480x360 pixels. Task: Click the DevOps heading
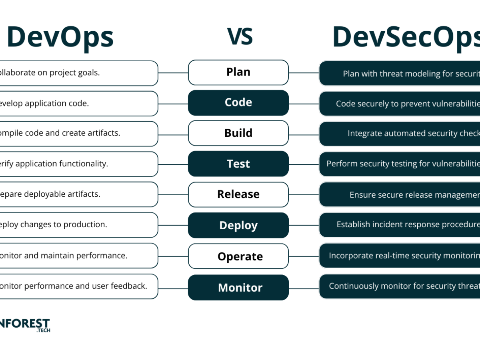(x=60, y=37)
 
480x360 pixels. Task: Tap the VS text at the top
(x=240, y=36)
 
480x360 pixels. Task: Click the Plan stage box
(x=238, y=72)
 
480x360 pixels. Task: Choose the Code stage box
(x=238, y=103)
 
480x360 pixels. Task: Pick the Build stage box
(x=238, y=133)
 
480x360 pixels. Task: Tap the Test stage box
(x=238, y=164)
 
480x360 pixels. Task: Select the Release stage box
(x=238, y=194)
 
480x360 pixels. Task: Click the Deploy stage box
(x=238, y=225)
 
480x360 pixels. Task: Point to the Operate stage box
(x=238, y=256)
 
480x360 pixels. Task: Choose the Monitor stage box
(x=238, y=287)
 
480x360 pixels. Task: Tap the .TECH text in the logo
(x=43, y=330)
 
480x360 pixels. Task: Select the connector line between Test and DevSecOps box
(x=304, y=164)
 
